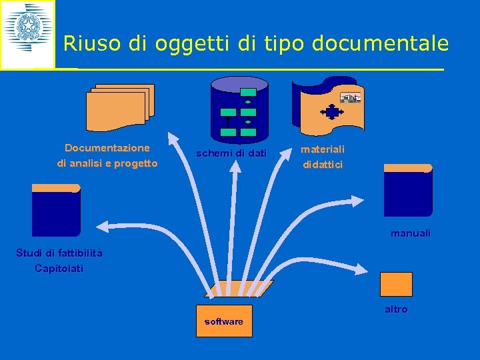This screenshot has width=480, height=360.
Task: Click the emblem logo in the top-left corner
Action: point(27,34)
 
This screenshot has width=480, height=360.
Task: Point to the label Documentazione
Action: point(107,148)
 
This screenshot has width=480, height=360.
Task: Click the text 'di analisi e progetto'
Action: point(107,163)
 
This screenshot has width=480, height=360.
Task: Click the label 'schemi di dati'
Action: point(231,154)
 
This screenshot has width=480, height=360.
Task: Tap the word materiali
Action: point(323,149)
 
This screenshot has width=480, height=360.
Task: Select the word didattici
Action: point(323,165)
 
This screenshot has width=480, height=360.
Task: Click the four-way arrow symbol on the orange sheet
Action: point(332,111)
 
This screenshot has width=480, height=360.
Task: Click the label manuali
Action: point(410,234)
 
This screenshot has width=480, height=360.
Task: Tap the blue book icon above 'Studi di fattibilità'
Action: point(56,209)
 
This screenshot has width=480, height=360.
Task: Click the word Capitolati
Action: point(59,269)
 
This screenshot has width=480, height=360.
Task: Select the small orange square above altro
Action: point(396,284)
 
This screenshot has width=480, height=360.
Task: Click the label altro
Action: point(396,309)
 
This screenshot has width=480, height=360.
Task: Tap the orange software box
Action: point(224,321)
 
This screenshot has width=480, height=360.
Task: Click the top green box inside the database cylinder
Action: point(248,92)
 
